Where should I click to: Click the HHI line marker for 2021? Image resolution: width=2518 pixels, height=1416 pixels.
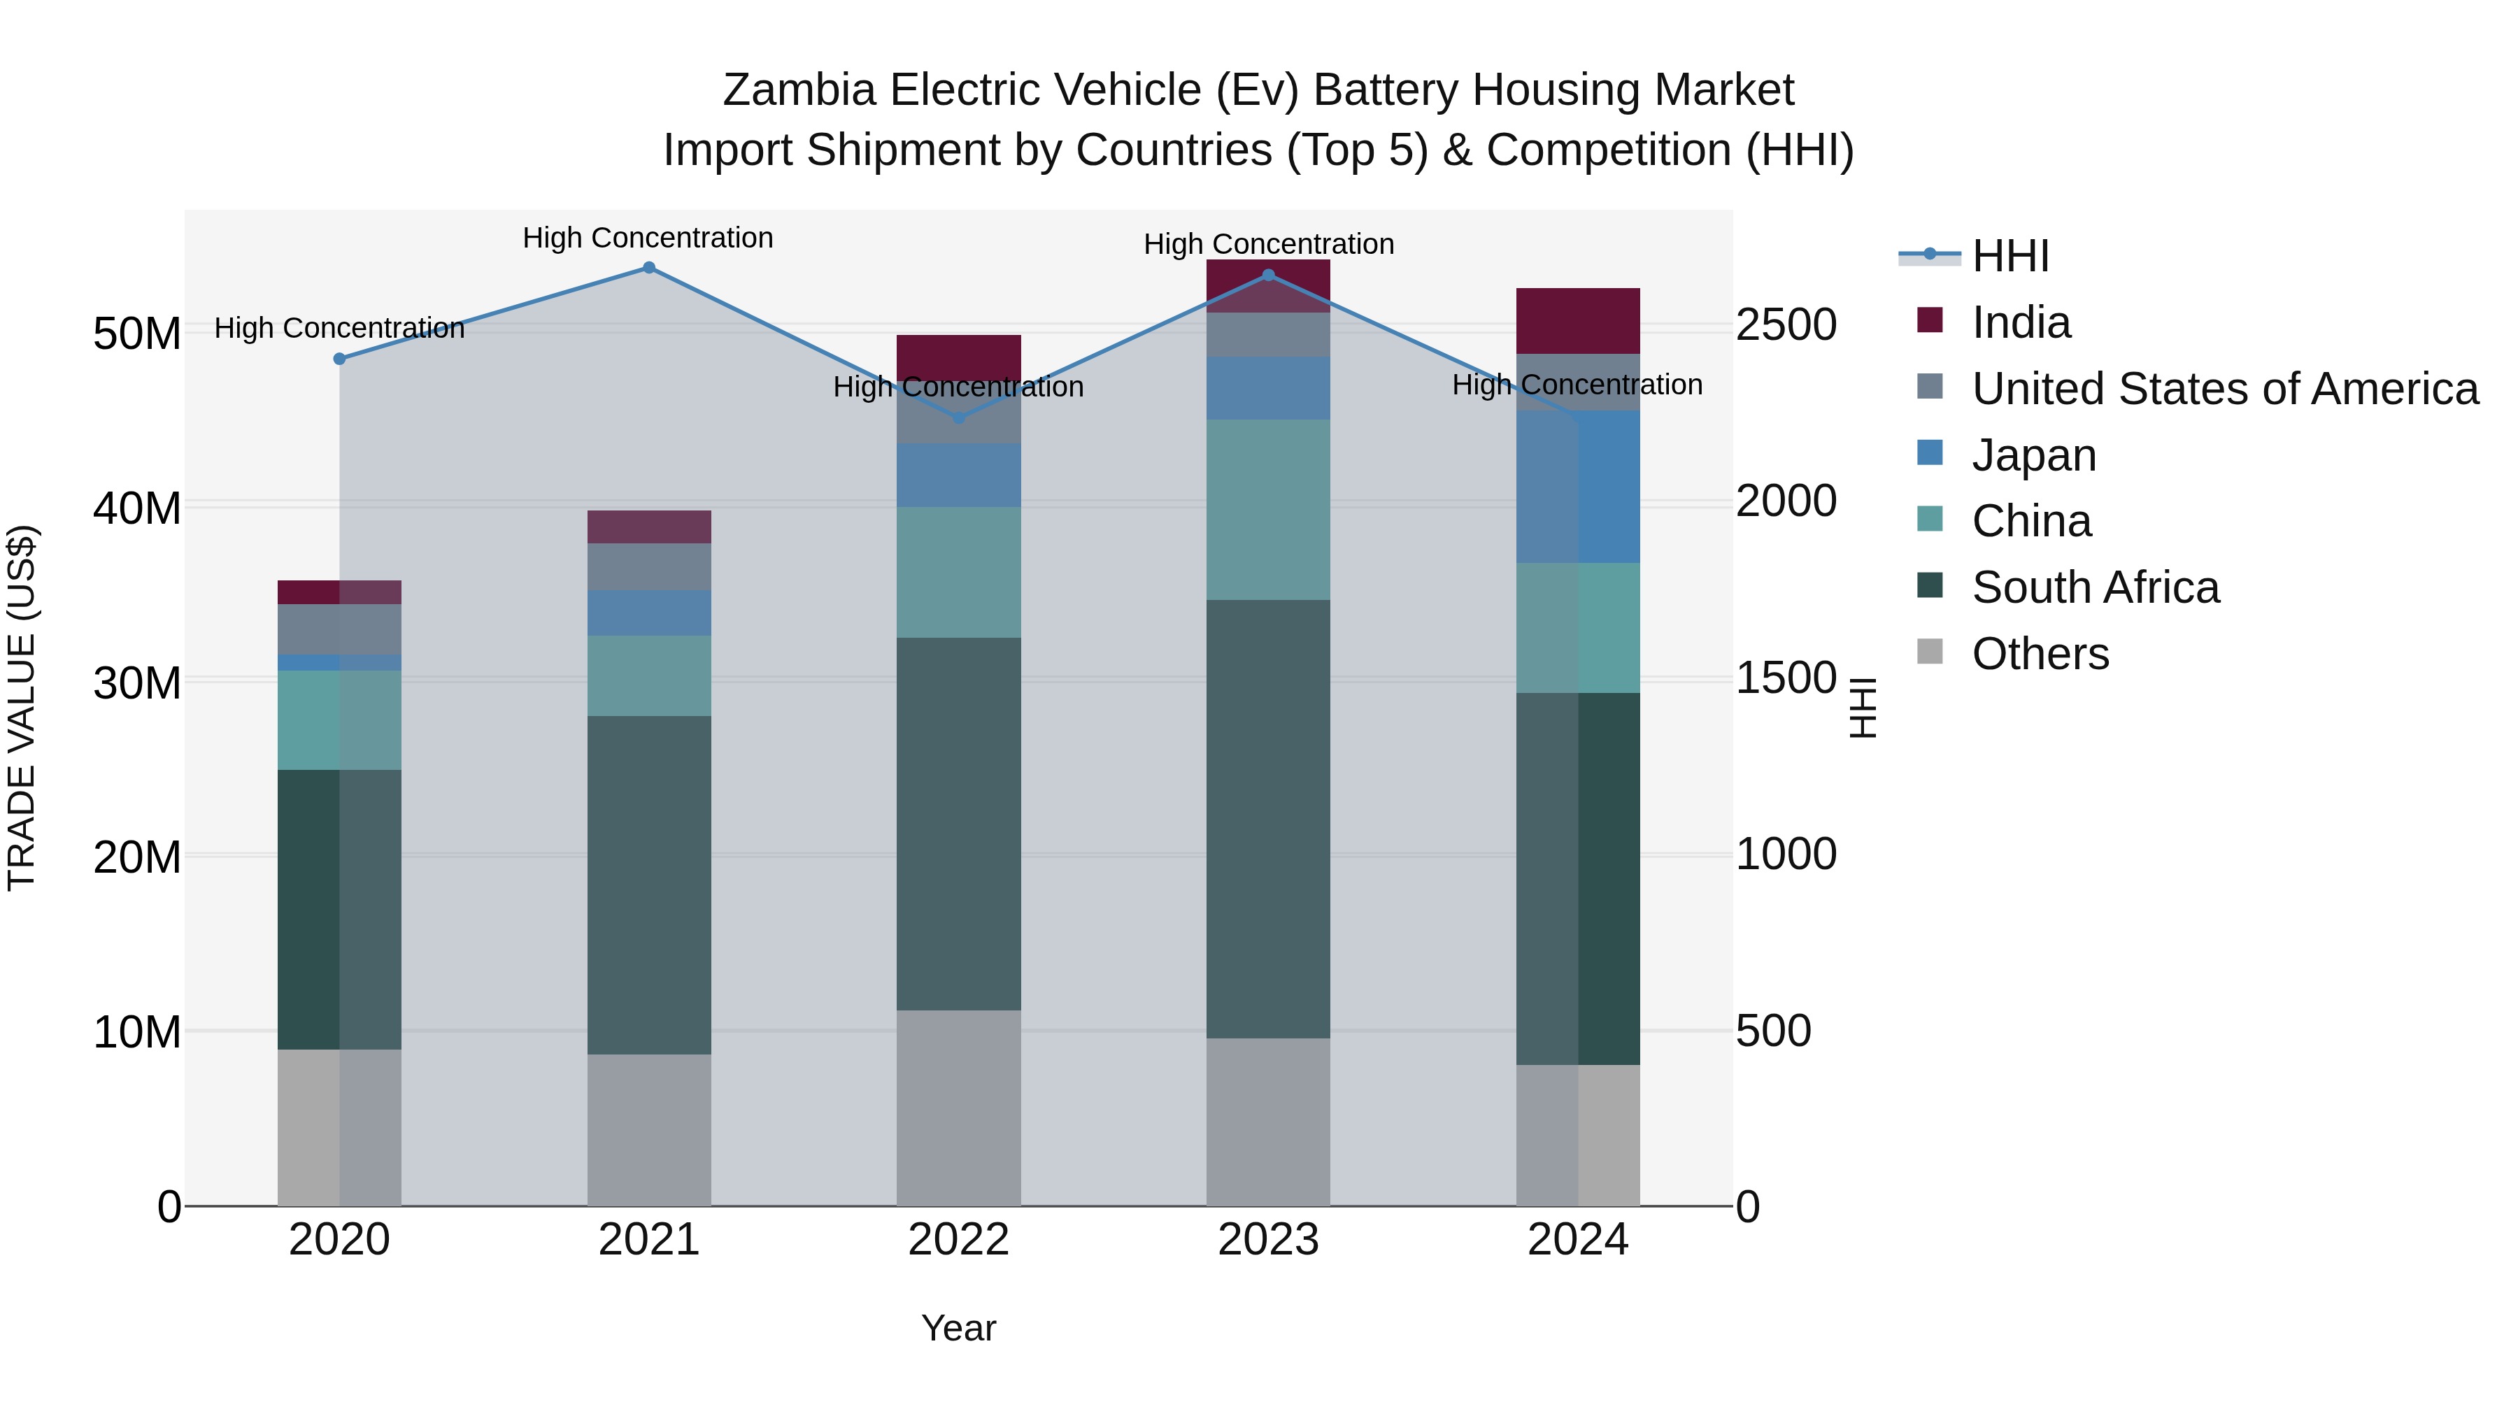(648, 268)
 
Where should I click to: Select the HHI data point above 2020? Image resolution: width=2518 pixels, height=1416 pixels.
(339, 359)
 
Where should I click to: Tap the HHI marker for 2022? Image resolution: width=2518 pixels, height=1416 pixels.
(958, 418)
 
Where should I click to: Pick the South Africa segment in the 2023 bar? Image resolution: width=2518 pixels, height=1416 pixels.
(1268, 818)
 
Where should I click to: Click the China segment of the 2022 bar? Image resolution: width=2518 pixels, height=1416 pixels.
(958, 572)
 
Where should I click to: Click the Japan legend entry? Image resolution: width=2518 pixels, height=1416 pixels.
(2033, 455)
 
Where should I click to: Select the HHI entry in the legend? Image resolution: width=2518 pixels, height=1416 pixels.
(2010, 256)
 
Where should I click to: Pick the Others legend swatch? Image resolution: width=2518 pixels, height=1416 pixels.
(1930, 651)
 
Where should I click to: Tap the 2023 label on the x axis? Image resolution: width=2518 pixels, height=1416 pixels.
(1268, 1240)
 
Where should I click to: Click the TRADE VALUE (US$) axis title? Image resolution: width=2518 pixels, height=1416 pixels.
(22, 708)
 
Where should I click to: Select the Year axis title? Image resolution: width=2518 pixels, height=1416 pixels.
(958, 1328)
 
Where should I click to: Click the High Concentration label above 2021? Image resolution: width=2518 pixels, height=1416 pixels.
(648, 238)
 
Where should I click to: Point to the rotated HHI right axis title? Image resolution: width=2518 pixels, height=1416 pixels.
(1863, 708)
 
